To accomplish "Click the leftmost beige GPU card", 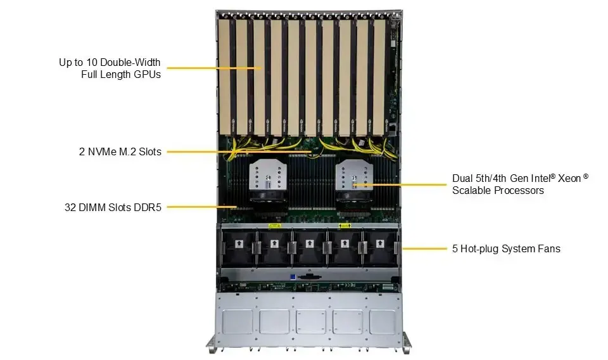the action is (x=224, y=77).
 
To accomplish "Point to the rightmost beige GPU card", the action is (x=379, y=77).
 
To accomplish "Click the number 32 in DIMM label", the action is (x=70, y=207).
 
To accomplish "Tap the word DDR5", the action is (x=148, y=207).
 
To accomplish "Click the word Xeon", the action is (x=570, y=179).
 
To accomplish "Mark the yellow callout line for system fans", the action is (x=424, y=248).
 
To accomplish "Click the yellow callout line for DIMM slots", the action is (x=202, y=207).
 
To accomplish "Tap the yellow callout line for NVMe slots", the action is (x=239, y=151).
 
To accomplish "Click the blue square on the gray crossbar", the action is (x=293, y=277).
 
